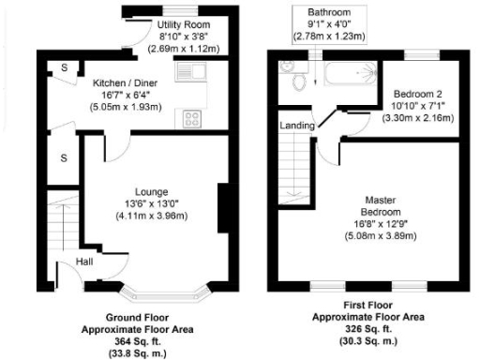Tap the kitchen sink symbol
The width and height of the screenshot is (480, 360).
[197, 68]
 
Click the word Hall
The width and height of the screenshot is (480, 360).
[85, 262]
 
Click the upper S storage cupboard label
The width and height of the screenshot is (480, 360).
[64, 68]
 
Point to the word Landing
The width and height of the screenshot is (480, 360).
[297, 125]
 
